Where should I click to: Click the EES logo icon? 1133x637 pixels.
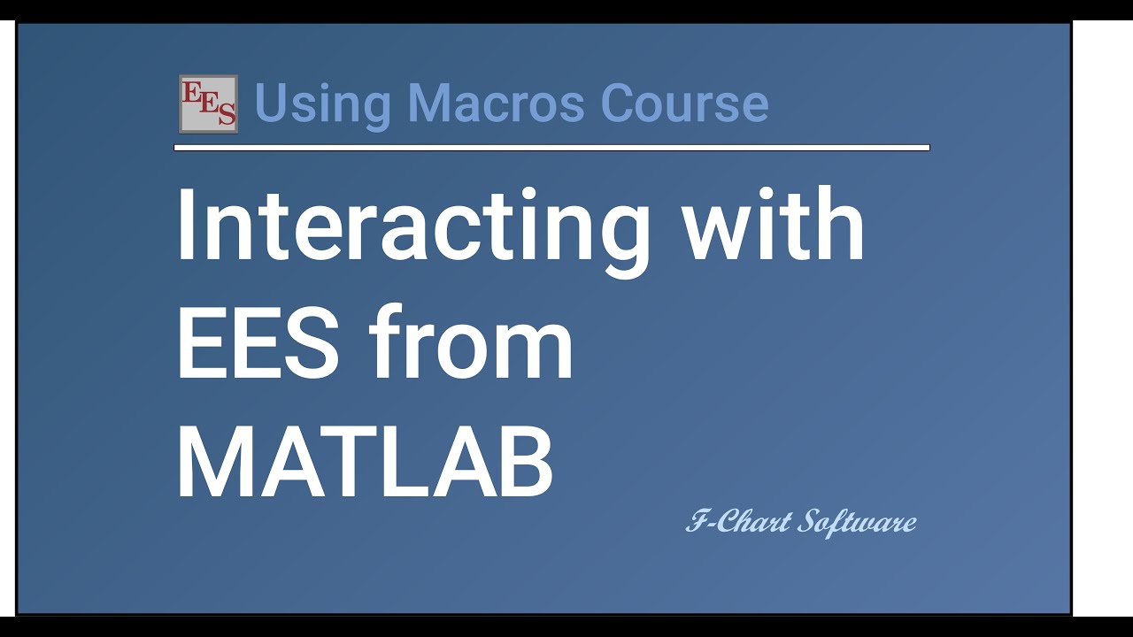coord(208,104)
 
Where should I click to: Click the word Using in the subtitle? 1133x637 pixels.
coord(322,104)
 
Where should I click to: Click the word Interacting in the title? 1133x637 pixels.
coord(412,228)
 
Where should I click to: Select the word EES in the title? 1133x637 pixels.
coord(258,346)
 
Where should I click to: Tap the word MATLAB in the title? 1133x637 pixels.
coord(365,465)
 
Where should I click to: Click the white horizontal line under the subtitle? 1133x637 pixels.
coord(551,148)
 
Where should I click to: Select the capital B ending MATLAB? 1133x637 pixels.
coord(526,465)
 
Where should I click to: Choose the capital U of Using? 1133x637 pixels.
coord(269,104)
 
